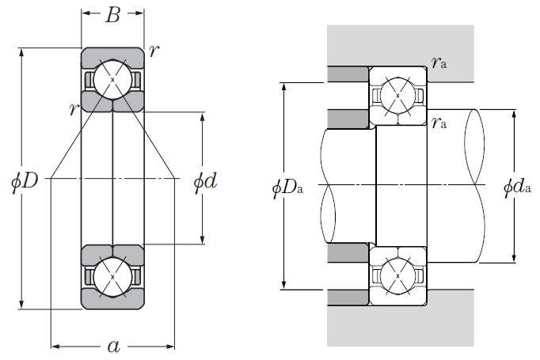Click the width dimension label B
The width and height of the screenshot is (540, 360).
[113, 15]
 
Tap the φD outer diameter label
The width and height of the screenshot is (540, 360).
[25, 180]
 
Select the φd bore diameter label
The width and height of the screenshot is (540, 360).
[205, 181]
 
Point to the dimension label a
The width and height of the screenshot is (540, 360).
[114, 347]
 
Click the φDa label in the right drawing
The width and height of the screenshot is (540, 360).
[287, 188]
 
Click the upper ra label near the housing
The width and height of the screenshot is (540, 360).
[439, 63]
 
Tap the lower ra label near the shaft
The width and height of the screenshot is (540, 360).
[439, 122]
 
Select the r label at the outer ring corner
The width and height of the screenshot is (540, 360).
[154, 51]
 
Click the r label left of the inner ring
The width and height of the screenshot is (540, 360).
[74, 108]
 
